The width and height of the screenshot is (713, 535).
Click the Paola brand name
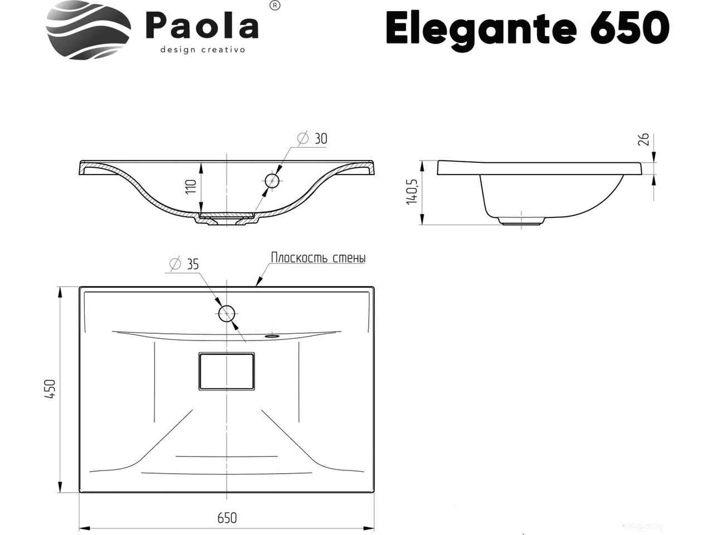coord(202,26)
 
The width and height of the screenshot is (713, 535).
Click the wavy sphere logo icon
coord(89,30)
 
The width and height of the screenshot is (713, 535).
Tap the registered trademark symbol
coord(275,5)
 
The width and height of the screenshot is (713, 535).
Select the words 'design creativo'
coord(203,50)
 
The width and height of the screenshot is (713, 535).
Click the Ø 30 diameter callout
coord(312,139)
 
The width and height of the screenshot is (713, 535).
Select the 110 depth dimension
coord(192,187)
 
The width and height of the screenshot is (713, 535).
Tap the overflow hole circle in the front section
coord(272,181)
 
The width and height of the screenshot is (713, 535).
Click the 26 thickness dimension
coord(644,140)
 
